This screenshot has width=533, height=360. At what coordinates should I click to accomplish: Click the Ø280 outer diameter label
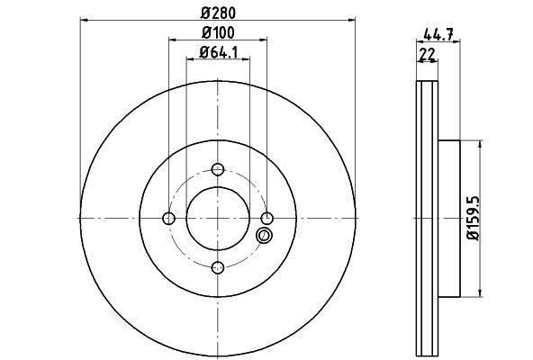point(218,13)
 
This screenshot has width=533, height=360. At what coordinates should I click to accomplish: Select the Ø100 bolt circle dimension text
point(218,33)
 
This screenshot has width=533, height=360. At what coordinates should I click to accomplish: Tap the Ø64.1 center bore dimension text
point(218,51)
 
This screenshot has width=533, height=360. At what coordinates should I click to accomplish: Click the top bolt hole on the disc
point(218,169)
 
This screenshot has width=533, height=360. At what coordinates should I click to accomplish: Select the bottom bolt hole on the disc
point(218,266)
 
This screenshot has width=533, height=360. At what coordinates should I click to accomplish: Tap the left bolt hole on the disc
point(169,218)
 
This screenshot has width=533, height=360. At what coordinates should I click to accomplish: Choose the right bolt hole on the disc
point(266,218)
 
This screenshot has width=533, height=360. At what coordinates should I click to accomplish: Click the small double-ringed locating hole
point(264,236)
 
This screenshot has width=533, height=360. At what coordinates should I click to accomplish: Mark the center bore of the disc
point(218,218)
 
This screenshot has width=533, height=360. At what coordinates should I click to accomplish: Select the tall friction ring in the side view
point(427,218)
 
